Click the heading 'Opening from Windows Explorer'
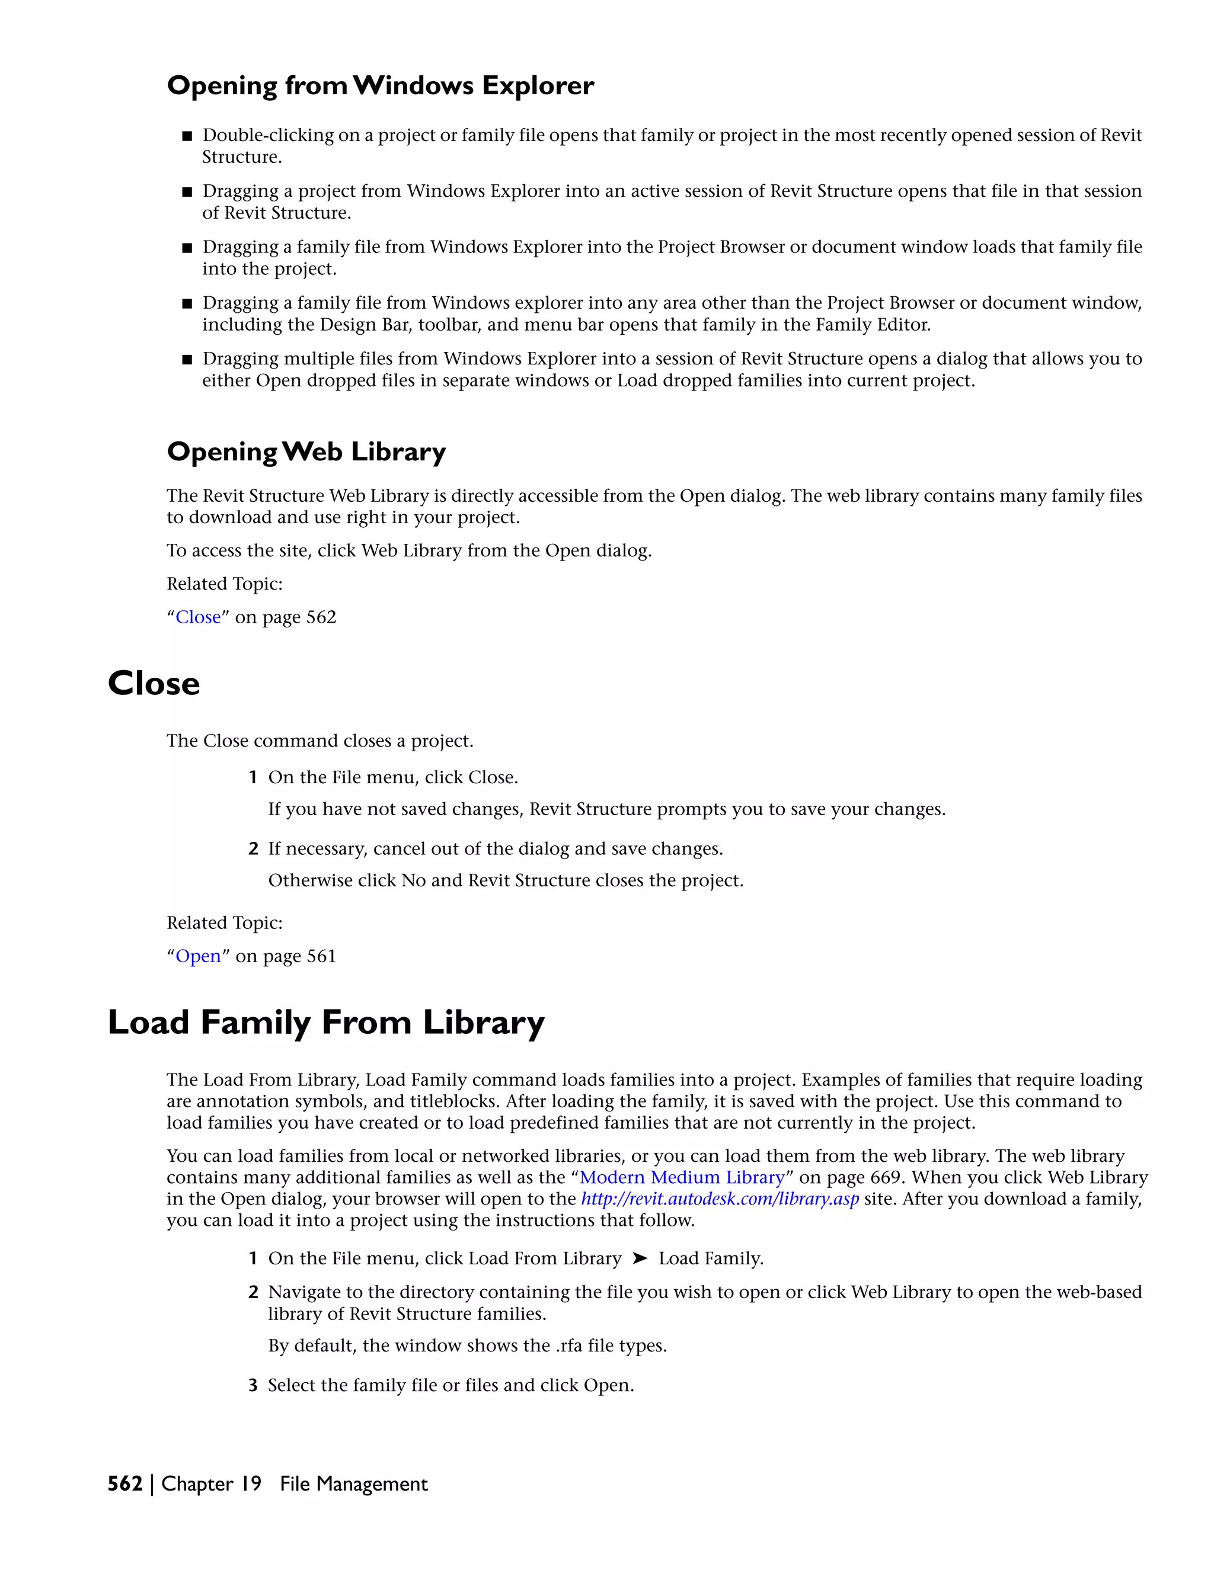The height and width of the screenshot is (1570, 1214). pyautogui.click(x=380, y=85)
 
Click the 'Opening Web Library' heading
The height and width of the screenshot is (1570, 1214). pyautogui.click(x=306, y=451)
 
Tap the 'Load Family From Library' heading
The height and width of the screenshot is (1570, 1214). pyautogui.click(x=326, y=1021)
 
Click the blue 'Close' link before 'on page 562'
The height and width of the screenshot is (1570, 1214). pyautogui.click(x=198, y=617)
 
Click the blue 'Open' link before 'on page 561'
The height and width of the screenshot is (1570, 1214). pyautogui.click(x=198, y=956)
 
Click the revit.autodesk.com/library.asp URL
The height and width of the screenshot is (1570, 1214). pyautogui.click(x=719, y=1199)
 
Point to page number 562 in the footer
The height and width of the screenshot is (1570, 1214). pyautogui.click(x=124, y=1484)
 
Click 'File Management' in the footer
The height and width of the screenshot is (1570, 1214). pyautogui.click(x=353, y=1484)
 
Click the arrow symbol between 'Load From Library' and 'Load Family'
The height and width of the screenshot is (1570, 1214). pyautogui.click(x=640, y=1258)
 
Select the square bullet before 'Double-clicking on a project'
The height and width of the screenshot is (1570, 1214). pyautogui.click(x=187, y=136)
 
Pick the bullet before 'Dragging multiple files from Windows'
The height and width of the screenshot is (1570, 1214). pyautogui.click(x=187, y=360)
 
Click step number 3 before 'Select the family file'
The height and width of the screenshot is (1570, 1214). pyautogui.click(x=253, y=1385)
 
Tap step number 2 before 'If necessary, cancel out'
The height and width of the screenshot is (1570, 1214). pyautogui.click(x=253, y=849)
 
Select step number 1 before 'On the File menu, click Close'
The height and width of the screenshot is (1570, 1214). pyautogui.click(x=253, y=777)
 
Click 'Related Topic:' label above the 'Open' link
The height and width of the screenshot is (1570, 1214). pyautogui.click(x=225, y=922)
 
